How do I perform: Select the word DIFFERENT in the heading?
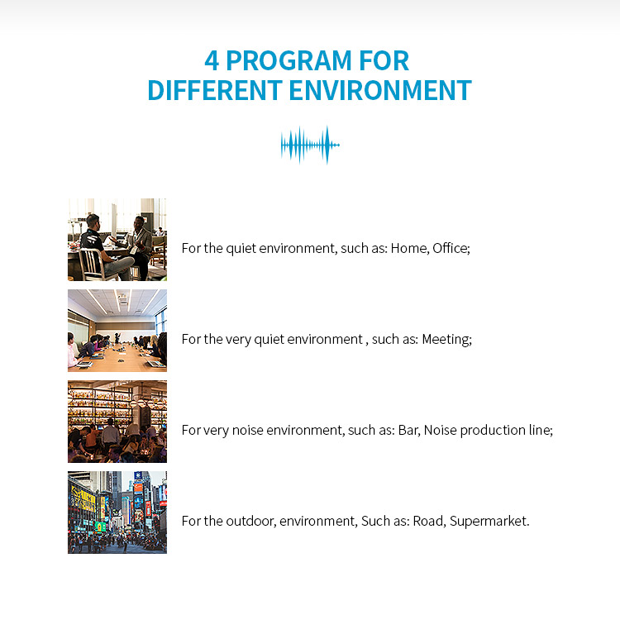coord(214,90)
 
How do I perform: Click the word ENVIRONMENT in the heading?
coord(380,90)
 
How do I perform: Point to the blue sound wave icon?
coord(310,145)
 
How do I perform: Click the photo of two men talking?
coord(117,240)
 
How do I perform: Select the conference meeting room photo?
coord(117,331)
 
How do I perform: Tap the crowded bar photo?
coord(117,422)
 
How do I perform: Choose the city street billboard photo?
coord(117,513)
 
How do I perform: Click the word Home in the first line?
coord(408,248)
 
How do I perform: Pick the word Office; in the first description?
coord(451,248)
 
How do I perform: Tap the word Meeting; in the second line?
coord(447,339)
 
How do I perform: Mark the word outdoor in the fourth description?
coord(250,521)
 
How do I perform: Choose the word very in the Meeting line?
coord(239,339)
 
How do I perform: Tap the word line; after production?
coord(539,430)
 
